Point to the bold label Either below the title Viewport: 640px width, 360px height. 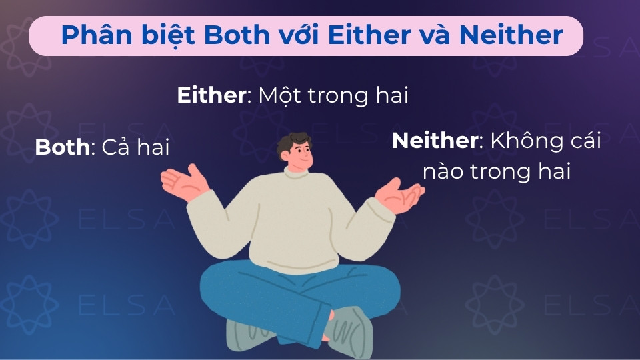pos(211,95)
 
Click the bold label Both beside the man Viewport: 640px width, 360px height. pos(62,147)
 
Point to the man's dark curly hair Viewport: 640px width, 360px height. pos(294,142)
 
